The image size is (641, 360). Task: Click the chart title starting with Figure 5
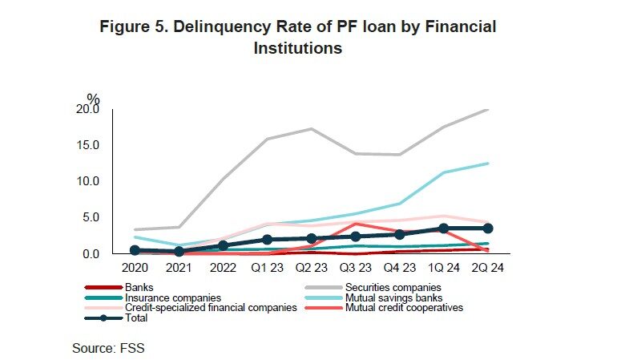pos(297,37)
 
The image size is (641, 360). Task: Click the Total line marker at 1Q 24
pos(443,229)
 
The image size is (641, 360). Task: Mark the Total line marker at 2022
pos(224,245)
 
